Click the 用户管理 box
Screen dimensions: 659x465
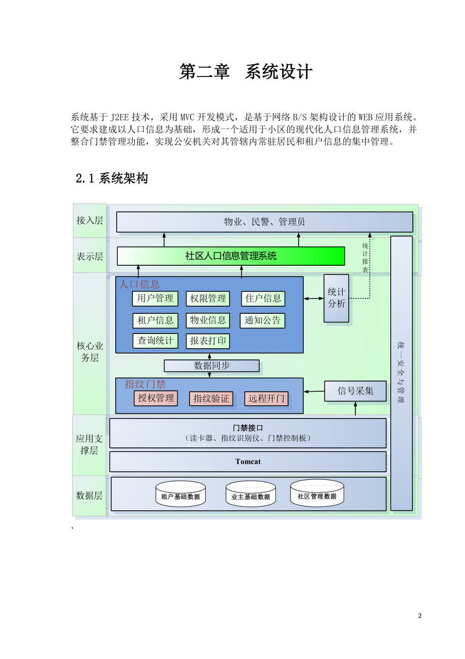[x=155, y=299]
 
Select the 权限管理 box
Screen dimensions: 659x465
[x=208, y=299]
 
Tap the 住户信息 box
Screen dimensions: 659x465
[x=263, y=299]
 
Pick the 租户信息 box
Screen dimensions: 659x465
[x=155, y=320]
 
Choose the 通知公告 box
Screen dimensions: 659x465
[x=262, y=320]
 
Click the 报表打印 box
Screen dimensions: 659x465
[x=208, y=341]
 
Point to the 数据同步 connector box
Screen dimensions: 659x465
[x=211, y=365]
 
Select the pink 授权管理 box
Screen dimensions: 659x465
[x=156, y=398]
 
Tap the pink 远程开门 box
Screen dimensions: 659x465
[x=266, y=398]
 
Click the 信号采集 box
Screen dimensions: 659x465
[x=355, y=391]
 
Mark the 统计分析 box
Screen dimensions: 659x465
[x=336, y=298]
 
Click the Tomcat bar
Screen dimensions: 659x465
[x=248, y=462]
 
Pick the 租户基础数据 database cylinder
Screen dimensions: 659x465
[x=180, y=494]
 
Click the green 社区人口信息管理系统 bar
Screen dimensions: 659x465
[x=230, y=256]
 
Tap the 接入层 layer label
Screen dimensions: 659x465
[x=89, y=221]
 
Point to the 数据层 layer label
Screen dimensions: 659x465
[x=89, y=496]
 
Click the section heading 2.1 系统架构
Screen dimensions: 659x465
[x=112, y=178]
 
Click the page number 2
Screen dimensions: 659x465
[x=420, y=616]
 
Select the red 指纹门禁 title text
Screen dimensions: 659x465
[x=145, y=384]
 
